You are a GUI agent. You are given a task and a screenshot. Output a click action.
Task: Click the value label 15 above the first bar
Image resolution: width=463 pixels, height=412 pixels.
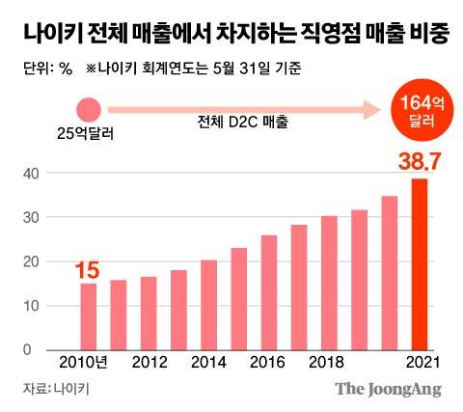tap(88, 269)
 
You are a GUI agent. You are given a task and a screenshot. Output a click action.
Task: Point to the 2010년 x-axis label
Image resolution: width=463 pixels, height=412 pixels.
tap(88, 365)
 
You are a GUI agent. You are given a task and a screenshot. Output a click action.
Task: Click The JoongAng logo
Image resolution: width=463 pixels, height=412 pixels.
tap(388, 390)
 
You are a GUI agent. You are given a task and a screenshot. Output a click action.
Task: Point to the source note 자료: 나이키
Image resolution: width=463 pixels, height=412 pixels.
tap(55, 390)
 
